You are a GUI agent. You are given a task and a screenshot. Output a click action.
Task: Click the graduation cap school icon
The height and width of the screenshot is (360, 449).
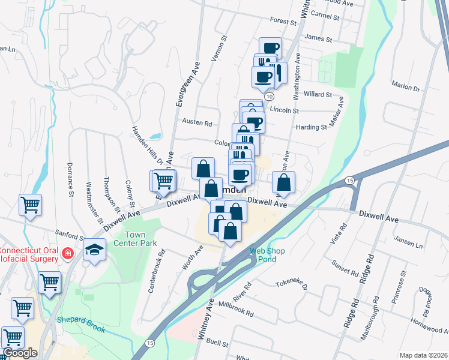[94, 249]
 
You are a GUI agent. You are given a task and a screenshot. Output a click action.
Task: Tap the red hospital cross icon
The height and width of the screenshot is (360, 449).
[68, 253]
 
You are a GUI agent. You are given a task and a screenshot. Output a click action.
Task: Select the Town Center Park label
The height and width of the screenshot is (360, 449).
[140, 239]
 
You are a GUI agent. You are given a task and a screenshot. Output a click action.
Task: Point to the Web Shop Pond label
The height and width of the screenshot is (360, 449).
[263, 254]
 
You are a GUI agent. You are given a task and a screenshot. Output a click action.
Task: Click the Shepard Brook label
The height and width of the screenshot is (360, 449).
[81, 325]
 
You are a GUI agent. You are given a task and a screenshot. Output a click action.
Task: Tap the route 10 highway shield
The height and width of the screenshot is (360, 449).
[269, 96]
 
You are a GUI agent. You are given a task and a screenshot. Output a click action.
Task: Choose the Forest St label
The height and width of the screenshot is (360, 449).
[285, 20]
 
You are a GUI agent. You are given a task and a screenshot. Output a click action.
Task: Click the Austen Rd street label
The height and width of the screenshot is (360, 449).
[197, 124]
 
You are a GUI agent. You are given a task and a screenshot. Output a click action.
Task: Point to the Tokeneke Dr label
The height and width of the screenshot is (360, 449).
[291, 283]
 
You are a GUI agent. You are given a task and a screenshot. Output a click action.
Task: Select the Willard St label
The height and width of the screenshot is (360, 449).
[318, 94]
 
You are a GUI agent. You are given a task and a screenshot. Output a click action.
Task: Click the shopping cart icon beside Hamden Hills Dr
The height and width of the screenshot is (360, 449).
[162, 180]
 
